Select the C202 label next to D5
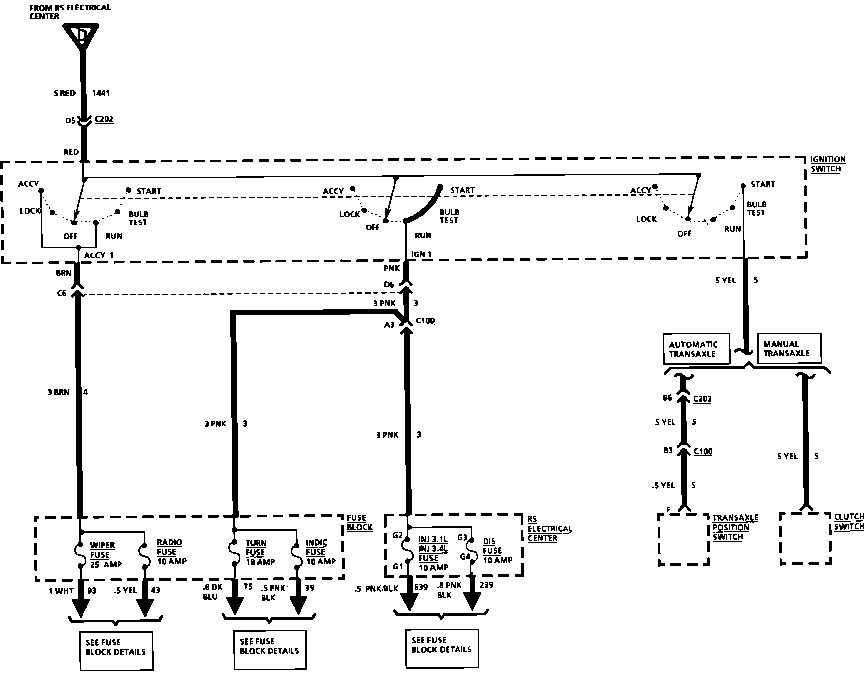coord(104,120)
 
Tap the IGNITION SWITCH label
coord(828,164)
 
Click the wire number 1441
coord(101,93)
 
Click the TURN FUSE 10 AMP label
coord(258,552)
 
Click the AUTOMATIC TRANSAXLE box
coord(693,349)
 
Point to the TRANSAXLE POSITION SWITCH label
coord(735,527)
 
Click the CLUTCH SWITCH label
coord(849,522)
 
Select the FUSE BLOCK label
coord(359,522)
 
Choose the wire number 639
coord(421,587)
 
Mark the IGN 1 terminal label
coord(421,254)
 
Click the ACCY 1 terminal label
coord(99,255)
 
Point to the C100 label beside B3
coord(703,452)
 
